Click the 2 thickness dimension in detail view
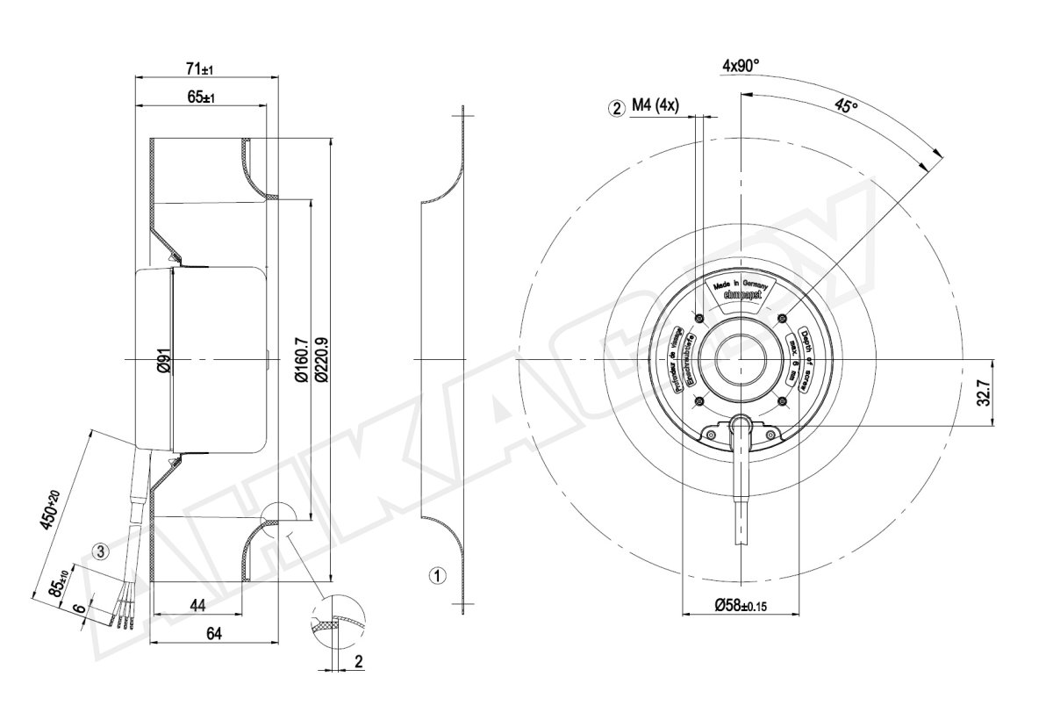point(358,661)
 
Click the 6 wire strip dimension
point(79,608)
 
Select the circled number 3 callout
point(102,551)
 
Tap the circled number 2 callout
point(617,108)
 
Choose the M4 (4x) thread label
point(655,107)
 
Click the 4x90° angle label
point(741,66)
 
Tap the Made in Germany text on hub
point(741,285)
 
